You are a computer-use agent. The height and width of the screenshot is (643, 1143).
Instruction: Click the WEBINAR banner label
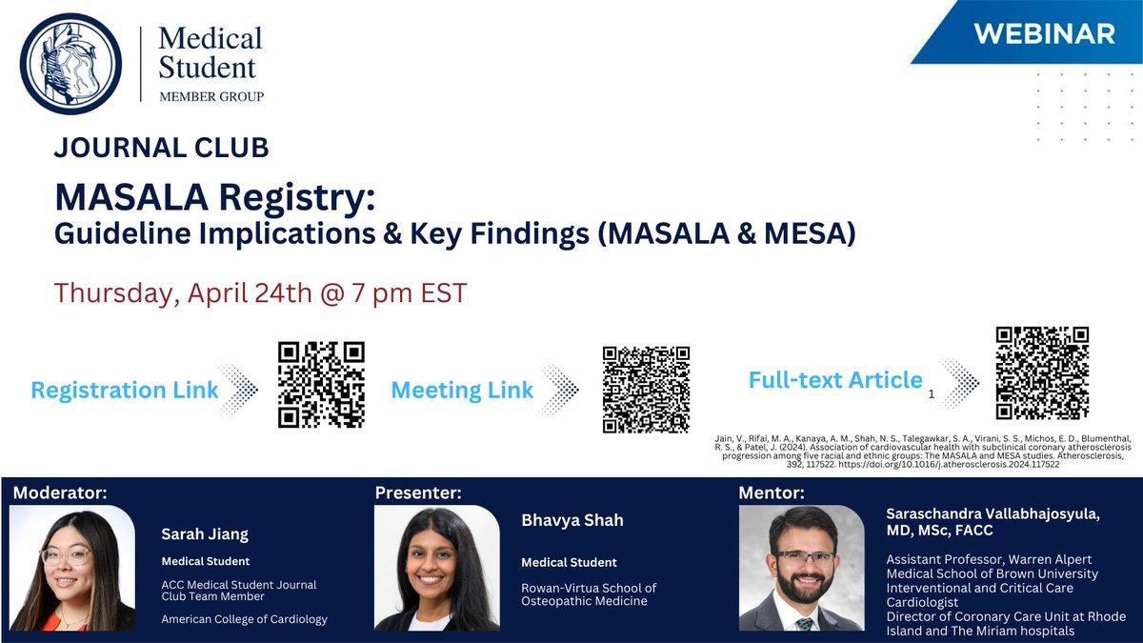[x=1045, y=33]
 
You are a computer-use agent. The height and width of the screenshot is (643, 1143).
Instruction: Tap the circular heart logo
[x=70, y=65]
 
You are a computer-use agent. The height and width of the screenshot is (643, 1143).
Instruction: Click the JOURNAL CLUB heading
[x=162, y=148]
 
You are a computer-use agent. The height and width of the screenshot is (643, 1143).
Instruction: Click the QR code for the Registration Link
[x=321, y=384]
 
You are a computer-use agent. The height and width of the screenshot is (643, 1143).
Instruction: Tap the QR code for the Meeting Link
[x=647, y=389]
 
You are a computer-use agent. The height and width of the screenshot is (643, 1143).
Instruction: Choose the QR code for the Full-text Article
[x=1042, y=372]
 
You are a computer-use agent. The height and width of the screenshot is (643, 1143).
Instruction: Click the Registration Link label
[x=125, y=390]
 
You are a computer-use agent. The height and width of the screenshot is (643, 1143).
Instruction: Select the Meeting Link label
[x=462, y=391]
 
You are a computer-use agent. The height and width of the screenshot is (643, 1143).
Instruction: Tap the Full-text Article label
[x=835, y=380]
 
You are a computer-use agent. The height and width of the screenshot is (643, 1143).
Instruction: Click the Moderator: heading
[x=61, y=492]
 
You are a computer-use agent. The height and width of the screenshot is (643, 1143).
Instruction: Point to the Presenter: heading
[x=418, y=492]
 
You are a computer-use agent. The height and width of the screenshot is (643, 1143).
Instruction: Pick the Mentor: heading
[x=772, y=492]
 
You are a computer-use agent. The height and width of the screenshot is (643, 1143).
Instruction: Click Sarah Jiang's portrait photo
[x=71, y=569]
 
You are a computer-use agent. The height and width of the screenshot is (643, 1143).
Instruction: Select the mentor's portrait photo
[x=801, y=569]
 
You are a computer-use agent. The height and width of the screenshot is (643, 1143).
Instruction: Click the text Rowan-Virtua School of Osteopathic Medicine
[x=589, y=594]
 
